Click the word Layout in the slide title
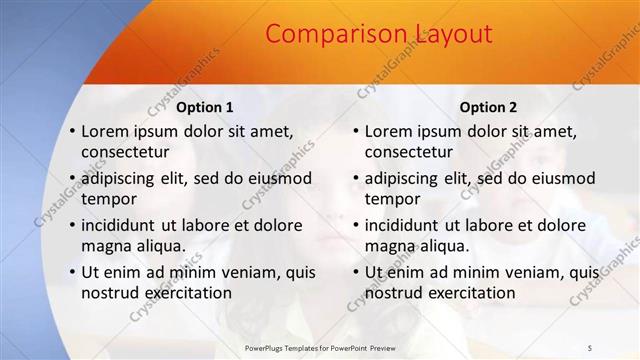pos(449,34)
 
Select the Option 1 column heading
pos(205,107)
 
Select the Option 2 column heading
pos(488,107)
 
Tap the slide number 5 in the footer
pos(589,346)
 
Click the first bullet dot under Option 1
pos(72,131)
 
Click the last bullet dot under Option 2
pos(356,272)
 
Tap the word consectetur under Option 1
pos(125,152)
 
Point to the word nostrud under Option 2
pos(394,293)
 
